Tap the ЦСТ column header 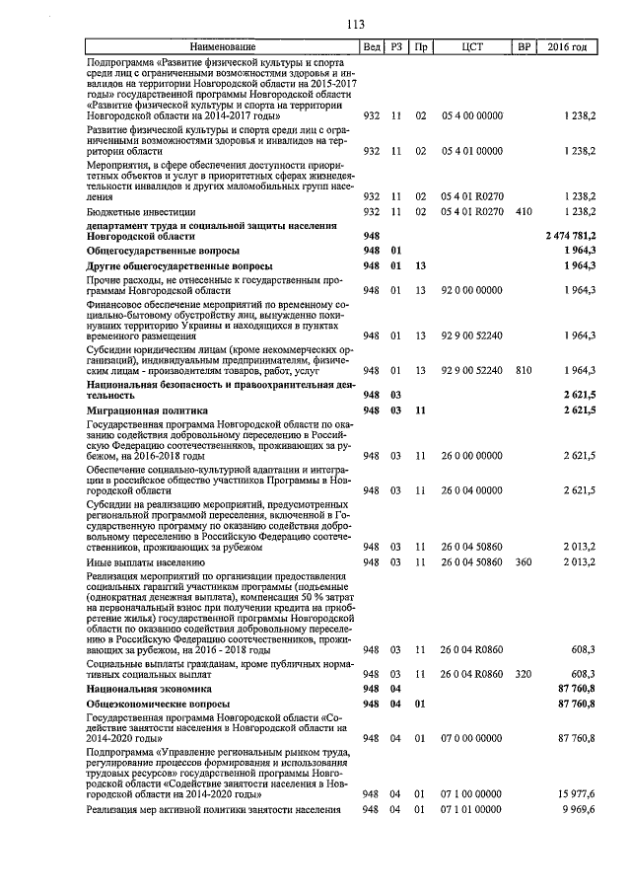[x=471, y=47]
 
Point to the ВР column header [x=524, y=47]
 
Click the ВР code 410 [x=524, y=212]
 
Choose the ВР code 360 [x=524, y=562]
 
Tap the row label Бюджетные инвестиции [x=141, y=212]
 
